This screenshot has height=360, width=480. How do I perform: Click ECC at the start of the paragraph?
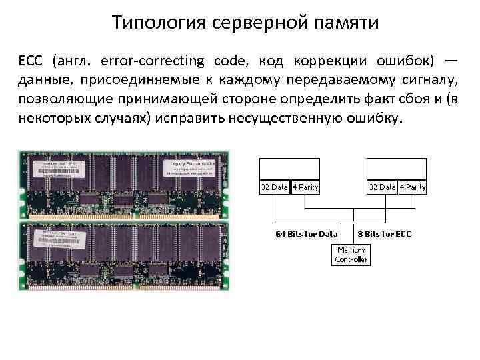[30, 61]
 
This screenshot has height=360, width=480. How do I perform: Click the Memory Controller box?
[351, 255]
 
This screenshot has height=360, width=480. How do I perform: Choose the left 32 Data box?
[274, 187]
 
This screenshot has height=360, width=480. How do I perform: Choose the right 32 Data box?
[383, 187]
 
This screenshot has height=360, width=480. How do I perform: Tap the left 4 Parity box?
[305, 187]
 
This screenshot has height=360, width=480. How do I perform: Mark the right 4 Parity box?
[412, 187]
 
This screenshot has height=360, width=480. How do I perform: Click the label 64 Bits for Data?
[307, 234]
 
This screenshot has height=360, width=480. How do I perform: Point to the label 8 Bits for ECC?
[385, 234]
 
